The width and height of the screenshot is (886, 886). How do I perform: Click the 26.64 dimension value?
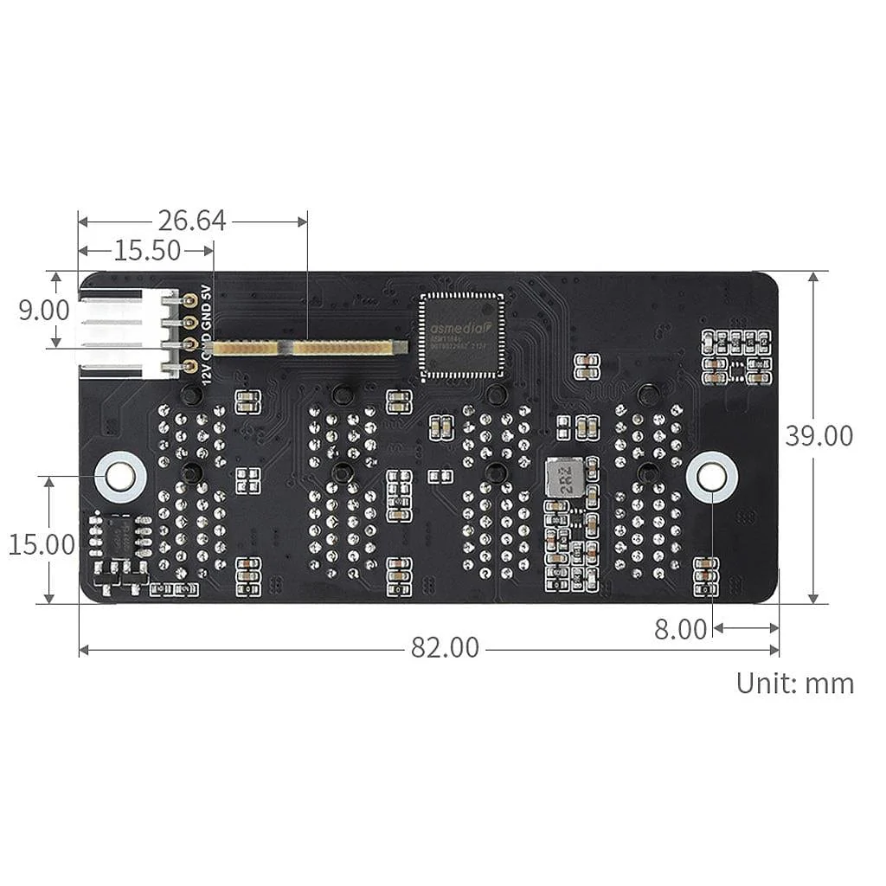click(191, 221)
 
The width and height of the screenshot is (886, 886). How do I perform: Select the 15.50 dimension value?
click(147, 251)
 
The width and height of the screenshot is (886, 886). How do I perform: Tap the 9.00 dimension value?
click(43, 310)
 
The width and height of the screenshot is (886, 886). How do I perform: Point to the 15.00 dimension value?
click(42, 544)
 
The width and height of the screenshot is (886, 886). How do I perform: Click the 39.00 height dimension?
click(819, 435)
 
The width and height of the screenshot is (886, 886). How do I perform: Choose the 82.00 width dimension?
click(444, 648)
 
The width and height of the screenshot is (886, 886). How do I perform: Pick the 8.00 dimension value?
click(680, 629)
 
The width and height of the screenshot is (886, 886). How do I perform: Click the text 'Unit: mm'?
click(794, 683)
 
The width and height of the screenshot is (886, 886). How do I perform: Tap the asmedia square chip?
click(460, 336)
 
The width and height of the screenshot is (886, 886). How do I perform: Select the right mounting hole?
click(711, 476)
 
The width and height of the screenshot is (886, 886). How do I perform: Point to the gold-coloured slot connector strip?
click(310, 348)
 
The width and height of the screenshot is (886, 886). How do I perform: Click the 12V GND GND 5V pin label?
click(205, 334)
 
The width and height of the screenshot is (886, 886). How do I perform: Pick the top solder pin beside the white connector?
click(189, 300)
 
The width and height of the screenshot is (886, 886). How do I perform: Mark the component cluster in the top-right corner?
click(735, 356)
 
